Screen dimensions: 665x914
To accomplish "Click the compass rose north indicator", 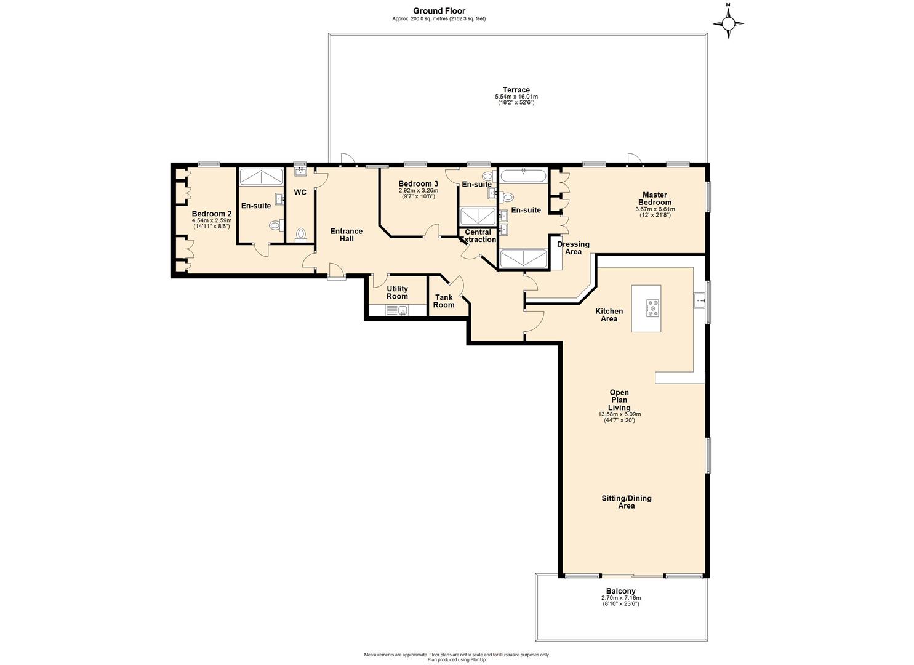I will click(728, 23).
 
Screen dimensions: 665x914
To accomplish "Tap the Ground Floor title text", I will click(439, 10).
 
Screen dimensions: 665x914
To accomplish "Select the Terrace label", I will click(516, 90).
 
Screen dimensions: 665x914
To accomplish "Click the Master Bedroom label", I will click(654, 198).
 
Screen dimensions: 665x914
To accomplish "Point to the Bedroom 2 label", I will click(212, 214).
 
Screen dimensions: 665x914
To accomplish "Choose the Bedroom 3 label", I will click(418, 183).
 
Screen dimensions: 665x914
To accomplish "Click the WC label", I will click(300, 193).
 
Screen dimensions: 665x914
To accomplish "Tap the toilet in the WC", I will click(301, 235).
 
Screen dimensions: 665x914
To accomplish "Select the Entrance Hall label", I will click(347, 235).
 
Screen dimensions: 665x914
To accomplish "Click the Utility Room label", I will click(397, 292).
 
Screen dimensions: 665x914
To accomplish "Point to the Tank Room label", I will click(444, 301).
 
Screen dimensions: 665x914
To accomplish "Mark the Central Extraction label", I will click(478, 236).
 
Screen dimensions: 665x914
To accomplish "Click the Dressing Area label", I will click(573, 248).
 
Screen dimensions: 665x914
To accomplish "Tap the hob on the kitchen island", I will click(652, 308).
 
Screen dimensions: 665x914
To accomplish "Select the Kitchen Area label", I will click(609, 315).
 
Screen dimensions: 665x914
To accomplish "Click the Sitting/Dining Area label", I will click(626, 502).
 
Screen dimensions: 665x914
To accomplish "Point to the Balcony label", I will click(620, 591).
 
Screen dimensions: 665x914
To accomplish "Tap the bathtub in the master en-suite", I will click(523, 176).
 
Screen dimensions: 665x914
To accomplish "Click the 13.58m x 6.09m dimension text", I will click(619, 414).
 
